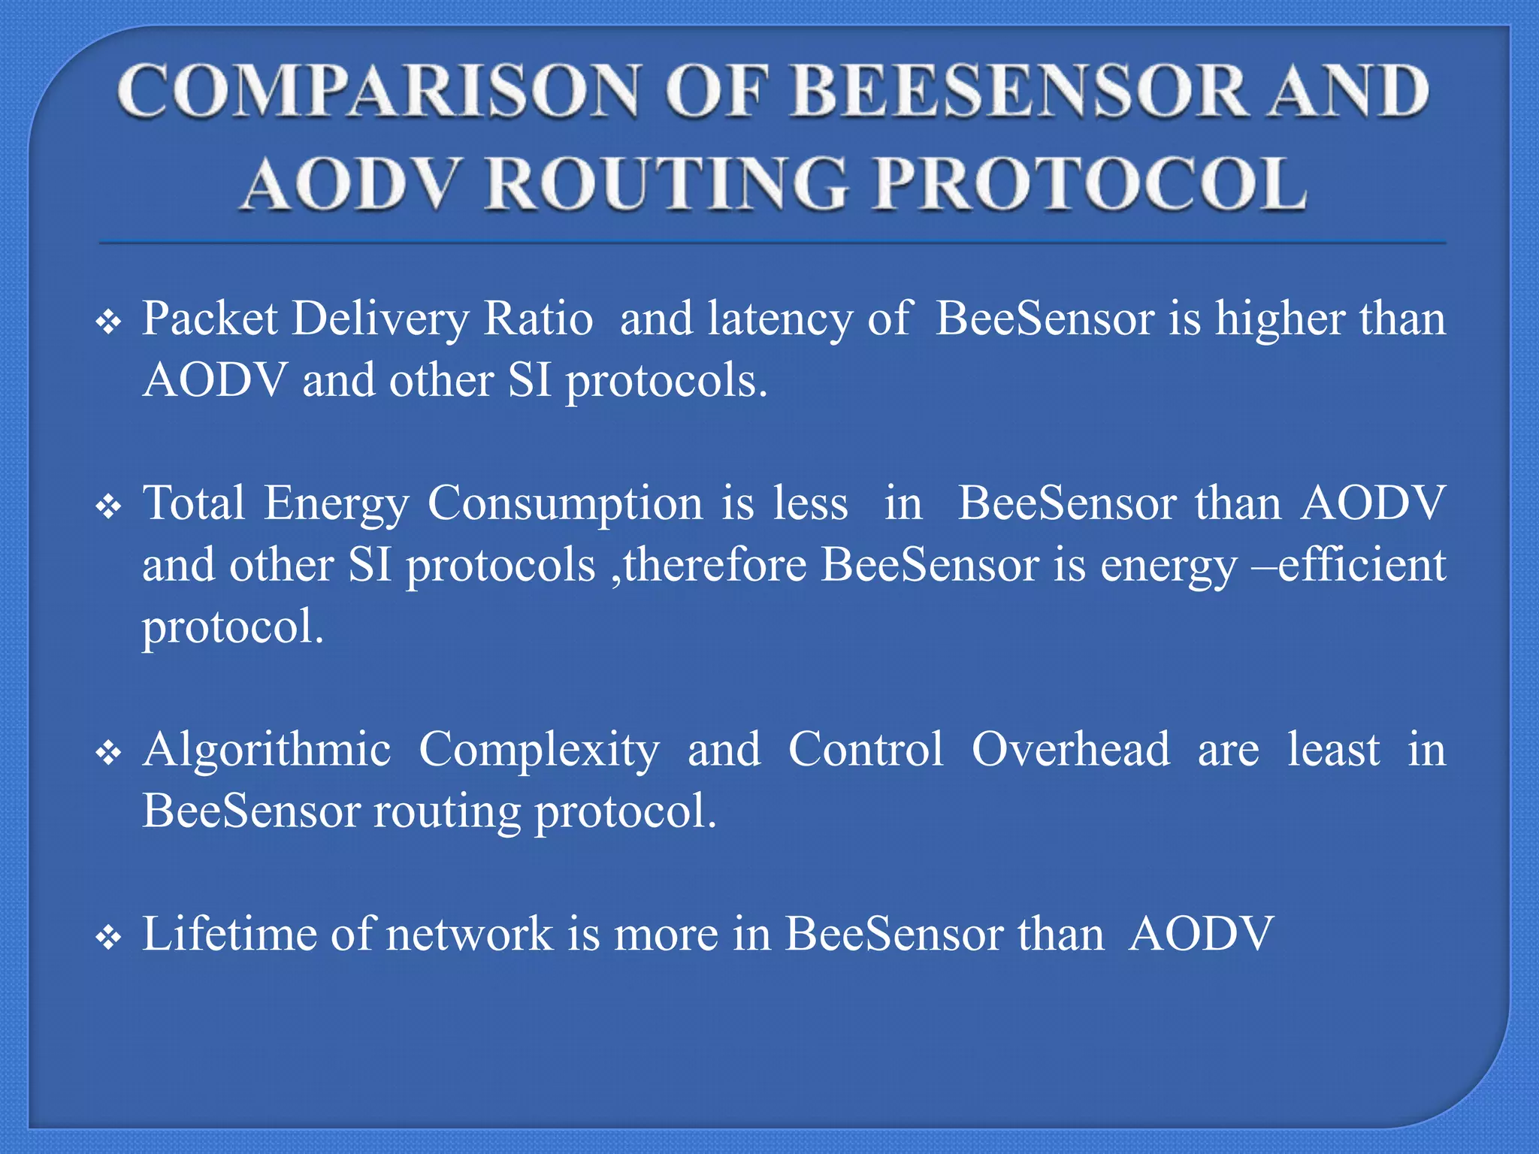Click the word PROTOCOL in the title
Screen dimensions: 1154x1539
point(1089,184)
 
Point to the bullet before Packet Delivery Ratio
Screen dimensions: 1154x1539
point(109,323)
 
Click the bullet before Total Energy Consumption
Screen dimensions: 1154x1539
point(109,508)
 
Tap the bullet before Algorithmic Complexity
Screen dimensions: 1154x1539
point(109,754)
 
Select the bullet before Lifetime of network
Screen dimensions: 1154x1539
point(109,938)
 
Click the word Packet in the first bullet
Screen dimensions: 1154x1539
point(210,319)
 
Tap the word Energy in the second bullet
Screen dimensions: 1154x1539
point(337,503)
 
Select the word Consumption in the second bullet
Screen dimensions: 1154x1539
point(564,503)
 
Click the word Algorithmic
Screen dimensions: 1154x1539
point(267,750)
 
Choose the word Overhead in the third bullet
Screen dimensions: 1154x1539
point(1071,750)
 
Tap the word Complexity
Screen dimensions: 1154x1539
point(539,750)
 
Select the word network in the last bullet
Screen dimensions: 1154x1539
point(469,935)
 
